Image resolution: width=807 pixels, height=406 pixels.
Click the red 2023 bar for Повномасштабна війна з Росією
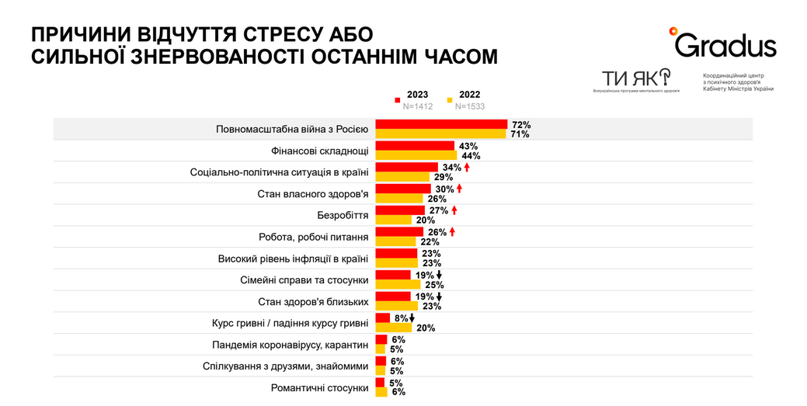coord(440,124)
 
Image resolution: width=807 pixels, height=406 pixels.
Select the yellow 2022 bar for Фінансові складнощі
coord(416,156)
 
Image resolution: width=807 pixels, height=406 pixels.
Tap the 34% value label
coord(451,168)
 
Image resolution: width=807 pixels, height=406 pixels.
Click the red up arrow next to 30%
coord(460,189)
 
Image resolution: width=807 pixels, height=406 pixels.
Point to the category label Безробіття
coord(343,215)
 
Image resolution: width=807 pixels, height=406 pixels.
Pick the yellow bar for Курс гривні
coord(393,328)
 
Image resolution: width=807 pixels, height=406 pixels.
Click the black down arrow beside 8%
coord(412,318)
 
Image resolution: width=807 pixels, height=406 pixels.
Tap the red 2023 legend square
coord(398,99)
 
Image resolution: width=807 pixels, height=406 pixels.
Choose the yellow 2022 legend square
coord(450,99)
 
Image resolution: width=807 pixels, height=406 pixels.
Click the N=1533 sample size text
coord(469,106)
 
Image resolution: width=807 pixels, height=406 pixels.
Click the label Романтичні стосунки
coord(319,387)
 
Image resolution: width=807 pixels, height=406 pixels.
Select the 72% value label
coord(520,124)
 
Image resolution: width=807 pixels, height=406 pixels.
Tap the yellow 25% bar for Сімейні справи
coord(398,285)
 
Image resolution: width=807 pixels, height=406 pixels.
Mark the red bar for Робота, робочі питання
coord(399,232)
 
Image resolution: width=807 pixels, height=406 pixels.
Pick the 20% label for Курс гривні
coord(425,328)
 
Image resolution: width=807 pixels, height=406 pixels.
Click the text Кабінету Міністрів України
coord(738,88)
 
